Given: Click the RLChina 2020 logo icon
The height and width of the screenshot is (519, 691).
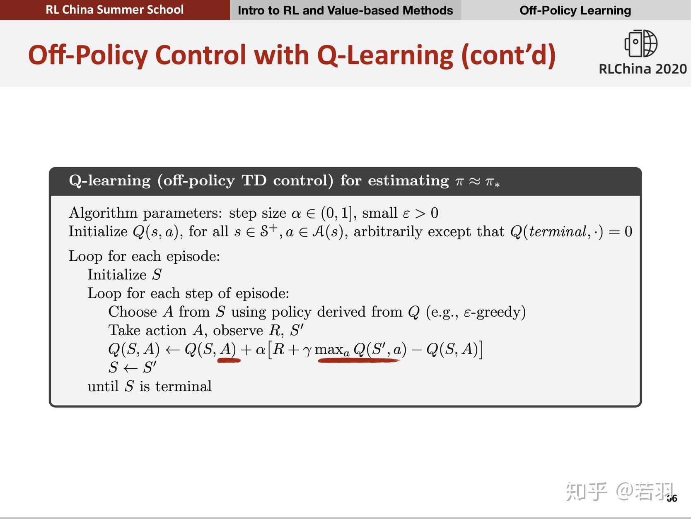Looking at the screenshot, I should click(x=641, y=43).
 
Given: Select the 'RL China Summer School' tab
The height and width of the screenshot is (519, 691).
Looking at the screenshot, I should click(x=115, y=10).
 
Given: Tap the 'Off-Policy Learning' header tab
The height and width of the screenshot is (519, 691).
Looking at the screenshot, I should click(x=575, y=10).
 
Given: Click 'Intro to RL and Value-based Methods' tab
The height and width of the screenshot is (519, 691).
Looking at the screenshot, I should click(x=345, y=10).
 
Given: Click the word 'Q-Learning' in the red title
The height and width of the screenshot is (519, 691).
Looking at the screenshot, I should click(x=385, y=55).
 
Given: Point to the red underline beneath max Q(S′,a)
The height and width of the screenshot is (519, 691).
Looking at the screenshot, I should click(x=358, y=360).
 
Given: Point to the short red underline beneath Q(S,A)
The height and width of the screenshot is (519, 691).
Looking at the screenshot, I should click(x=229, y=360).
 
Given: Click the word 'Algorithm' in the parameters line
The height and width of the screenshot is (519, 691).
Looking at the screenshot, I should click(x=103, y=213).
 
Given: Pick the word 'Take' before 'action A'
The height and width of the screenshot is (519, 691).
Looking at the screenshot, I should click(x=124, y=330).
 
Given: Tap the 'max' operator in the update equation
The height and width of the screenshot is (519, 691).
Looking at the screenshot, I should click(x=329, y=350).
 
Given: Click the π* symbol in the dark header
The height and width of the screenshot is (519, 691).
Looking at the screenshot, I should click(x=492, y=181).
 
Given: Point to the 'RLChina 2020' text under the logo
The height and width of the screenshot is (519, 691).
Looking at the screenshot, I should click(x=643, y=69).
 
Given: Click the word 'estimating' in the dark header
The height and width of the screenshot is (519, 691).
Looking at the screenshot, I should click(x=408, y=181).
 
